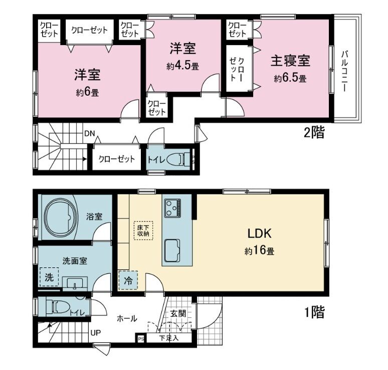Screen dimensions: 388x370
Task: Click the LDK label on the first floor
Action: [x=260, y=234]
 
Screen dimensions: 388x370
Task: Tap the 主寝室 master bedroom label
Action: [x=290, y=61]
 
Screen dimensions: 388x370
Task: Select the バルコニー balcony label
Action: [x=344, y=71]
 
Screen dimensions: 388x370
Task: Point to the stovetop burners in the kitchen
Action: [x=173, y=208]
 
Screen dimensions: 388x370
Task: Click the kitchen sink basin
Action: [x=172, y=251]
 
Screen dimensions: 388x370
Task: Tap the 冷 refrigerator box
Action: [x=128, y=280]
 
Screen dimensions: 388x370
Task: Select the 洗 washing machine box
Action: [x=49, y=277]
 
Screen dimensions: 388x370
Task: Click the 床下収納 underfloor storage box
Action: [x=143, y=231]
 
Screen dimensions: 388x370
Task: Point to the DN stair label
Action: [x=90, y=134]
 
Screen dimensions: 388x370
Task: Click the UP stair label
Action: [x=96, y=333]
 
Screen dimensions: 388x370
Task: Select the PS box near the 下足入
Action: [x=141, y=338]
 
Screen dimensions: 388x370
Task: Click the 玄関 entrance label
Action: [x=178, y=313]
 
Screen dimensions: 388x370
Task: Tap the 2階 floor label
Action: [x=314, y=132]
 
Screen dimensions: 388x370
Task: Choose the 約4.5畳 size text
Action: [x=182, y=66]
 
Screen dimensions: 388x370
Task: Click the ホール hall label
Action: [x=127, y=318]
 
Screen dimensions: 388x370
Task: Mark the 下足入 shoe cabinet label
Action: [x=169, y=338]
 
